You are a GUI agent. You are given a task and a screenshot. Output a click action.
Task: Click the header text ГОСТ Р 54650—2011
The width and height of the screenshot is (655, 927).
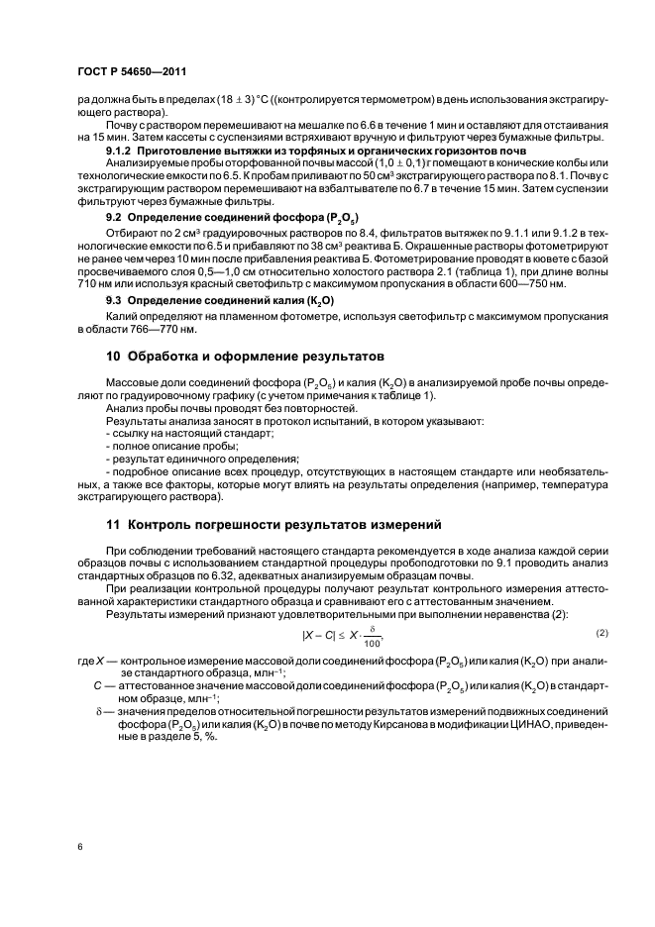point(134,72)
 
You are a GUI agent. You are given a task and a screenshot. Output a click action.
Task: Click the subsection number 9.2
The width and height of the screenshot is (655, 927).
point(113,216)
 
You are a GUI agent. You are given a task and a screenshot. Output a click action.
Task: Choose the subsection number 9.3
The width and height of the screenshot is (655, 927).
point(113,298)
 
